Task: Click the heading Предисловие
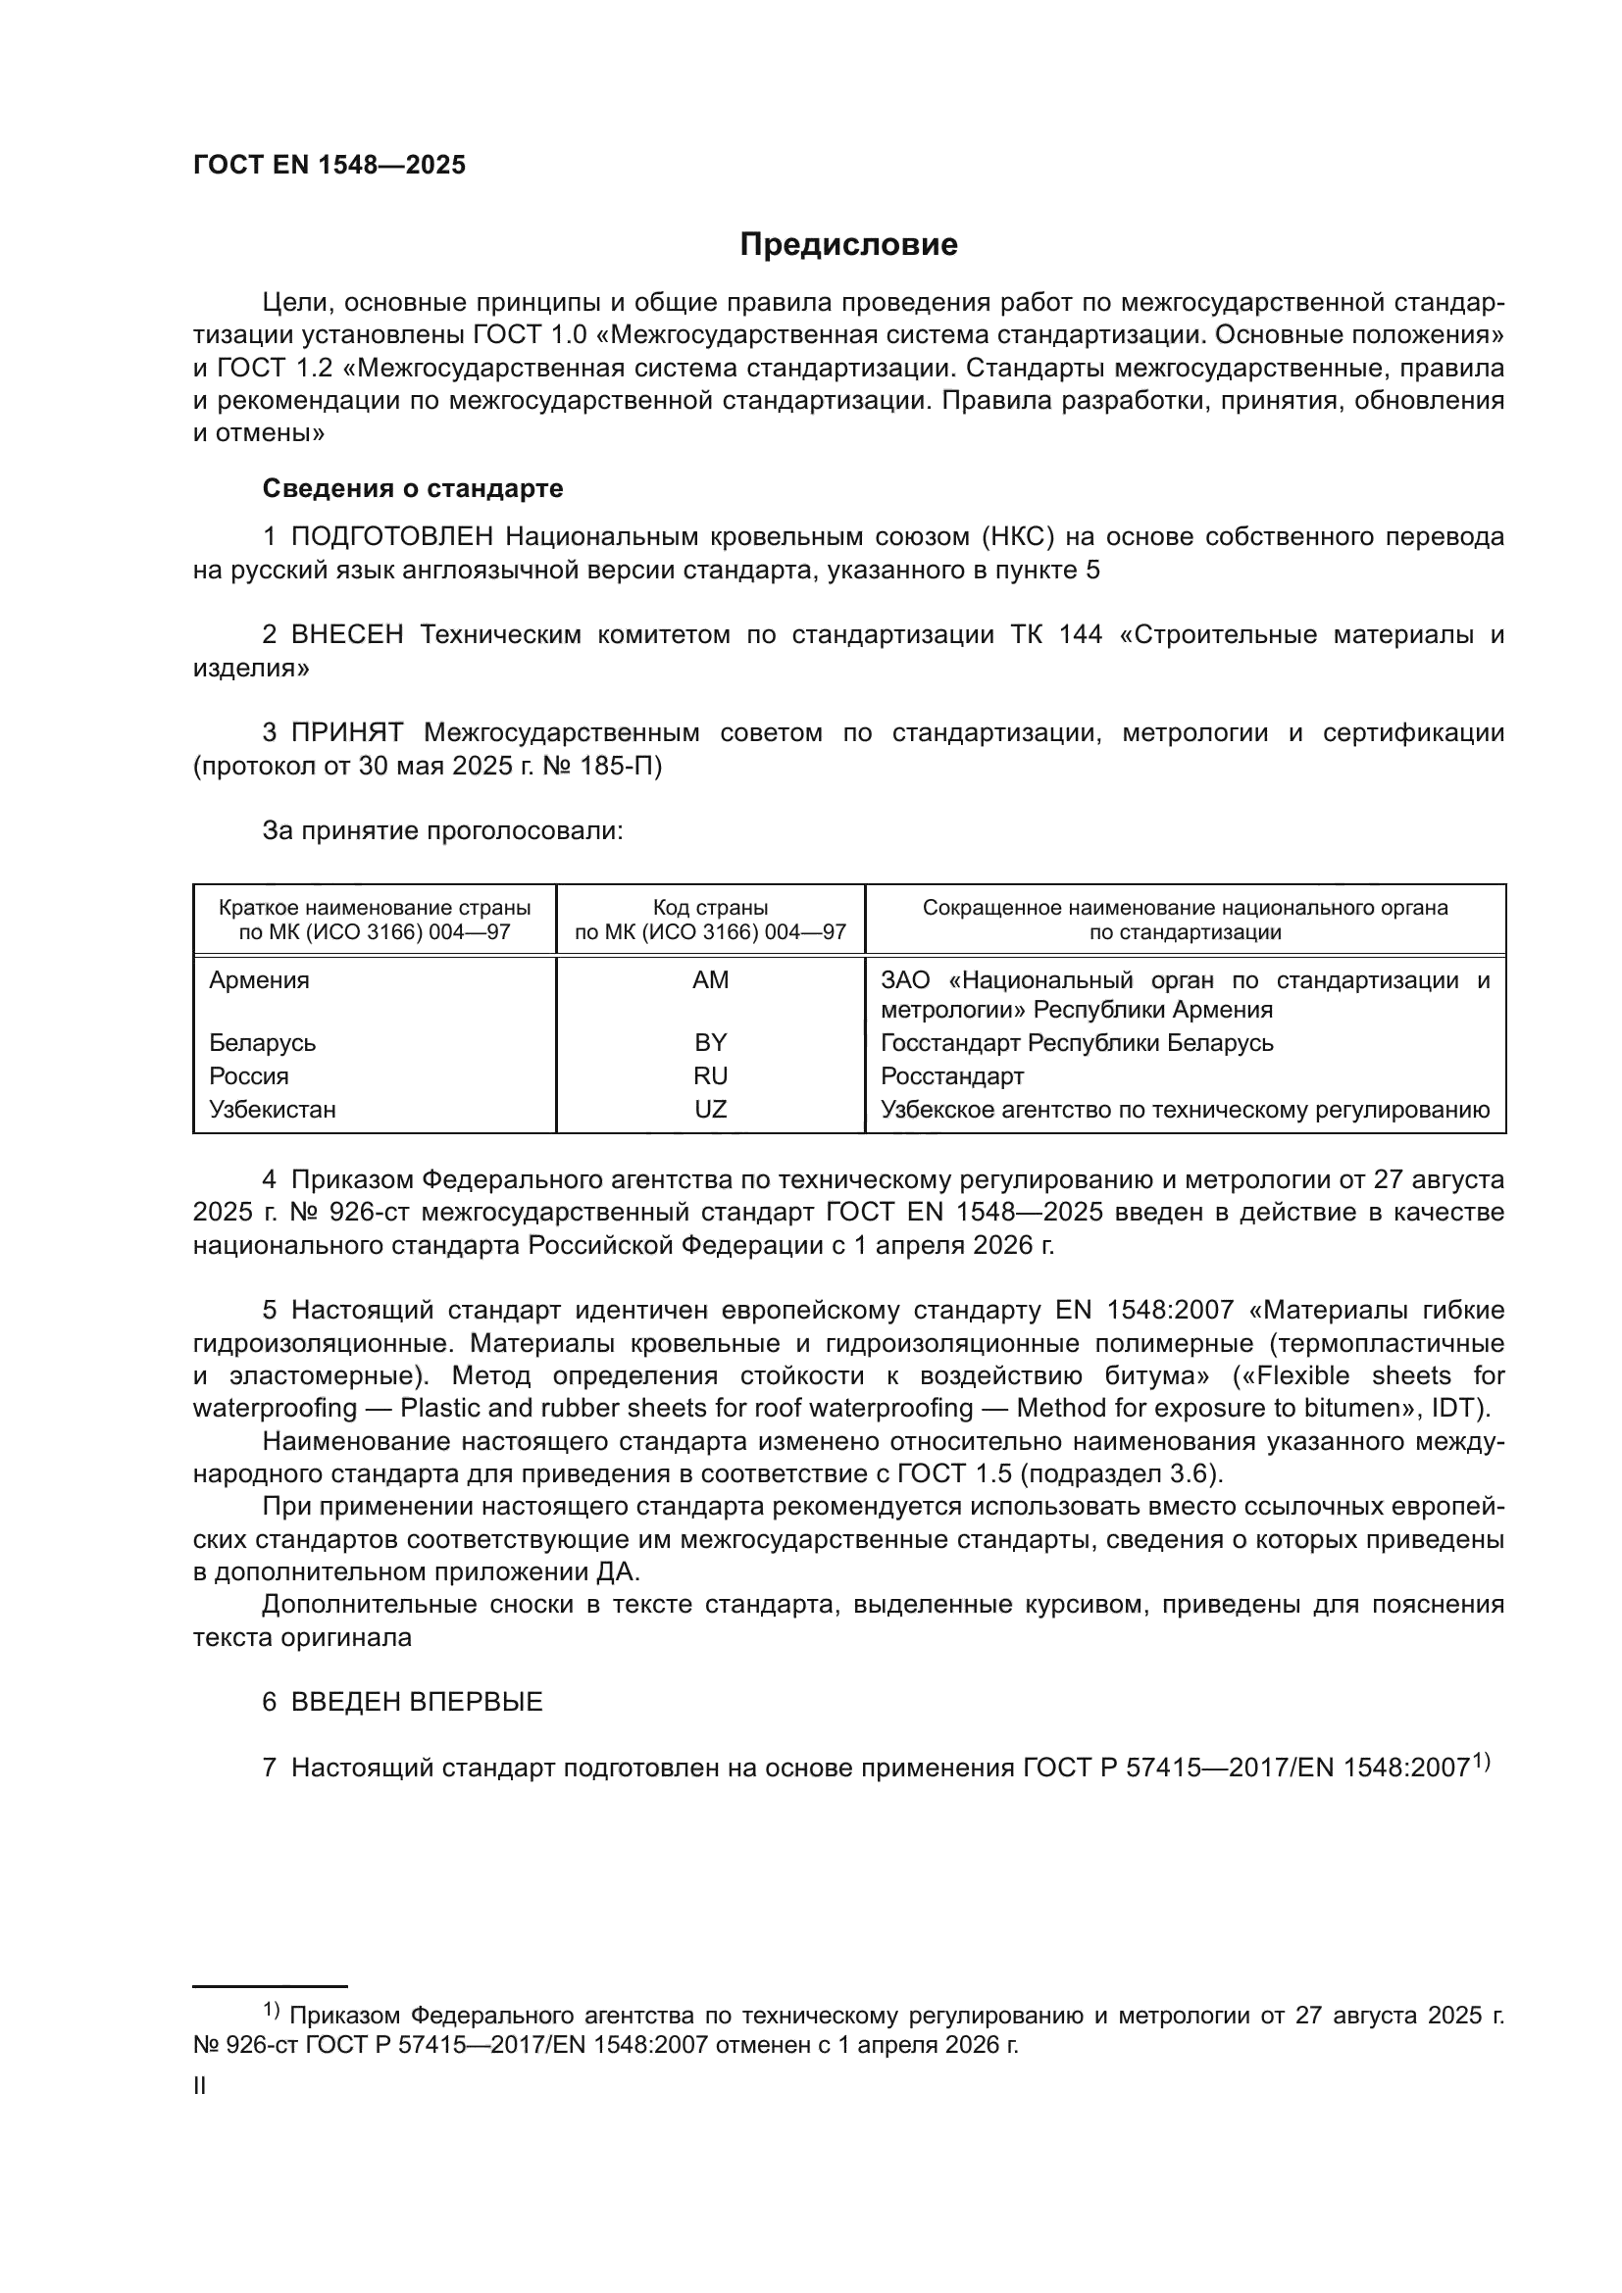848,245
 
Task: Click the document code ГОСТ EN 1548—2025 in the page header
329,166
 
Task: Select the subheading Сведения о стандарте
413,488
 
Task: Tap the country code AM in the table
710,979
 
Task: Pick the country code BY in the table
710,1043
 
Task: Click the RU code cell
710,1075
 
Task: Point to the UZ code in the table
710,1110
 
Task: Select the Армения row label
259,979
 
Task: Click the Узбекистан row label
272,1110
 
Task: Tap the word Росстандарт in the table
952,1075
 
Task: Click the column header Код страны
710,908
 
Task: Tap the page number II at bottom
200,2085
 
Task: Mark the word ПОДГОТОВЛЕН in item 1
391,537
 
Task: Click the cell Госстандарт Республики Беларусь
1077,1043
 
